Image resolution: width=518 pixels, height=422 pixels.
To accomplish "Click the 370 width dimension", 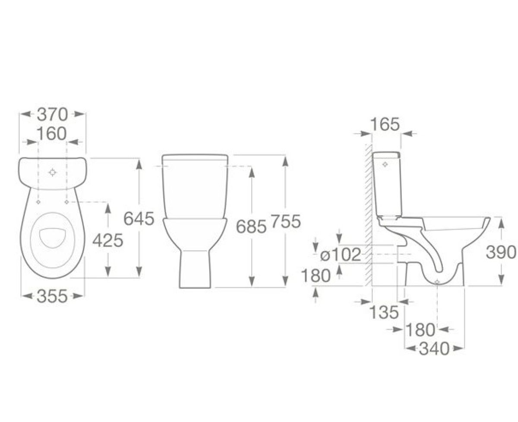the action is point(52,115).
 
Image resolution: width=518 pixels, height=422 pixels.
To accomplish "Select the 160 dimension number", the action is point(52,134).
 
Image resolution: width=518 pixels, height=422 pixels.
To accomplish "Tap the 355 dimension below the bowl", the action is point(52,296).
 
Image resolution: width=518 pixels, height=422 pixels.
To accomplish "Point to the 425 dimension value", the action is point(108,241).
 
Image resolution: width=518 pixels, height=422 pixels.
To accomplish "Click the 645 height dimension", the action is point(139,218).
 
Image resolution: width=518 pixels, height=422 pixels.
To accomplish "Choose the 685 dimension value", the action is point(251,227).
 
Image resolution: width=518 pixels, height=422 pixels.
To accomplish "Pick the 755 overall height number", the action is point(286,221).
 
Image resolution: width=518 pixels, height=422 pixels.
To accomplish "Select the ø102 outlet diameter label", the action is point(340,255).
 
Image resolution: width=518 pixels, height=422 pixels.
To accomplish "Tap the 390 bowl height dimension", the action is point(501,252).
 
